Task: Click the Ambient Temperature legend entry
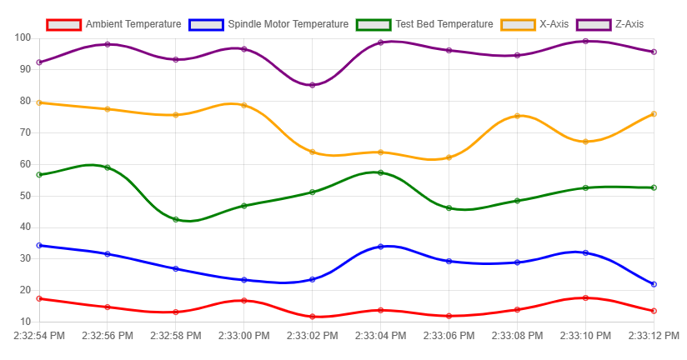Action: (x=114, y=24)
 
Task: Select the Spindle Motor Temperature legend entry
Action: (x=269, y=24)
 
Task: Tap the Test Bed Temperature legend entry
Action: (x=425, y=24)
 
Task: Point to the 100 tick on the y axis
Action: (x=23, y=38)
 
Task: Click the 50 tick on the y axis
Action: (x=23, y=196)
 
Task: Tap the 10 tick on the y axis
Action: (x=23, y=322)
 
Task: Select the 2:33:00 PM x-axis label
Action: (x=243, y=336)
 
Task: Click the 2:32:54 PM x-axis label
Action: (x=39, y=336)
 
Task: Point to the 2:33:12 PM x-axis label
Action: (x=654, y=336)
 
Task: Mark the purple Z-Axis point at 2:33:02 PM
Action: (x=313, y=85)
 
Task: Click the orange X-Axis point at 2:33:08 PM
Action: (x=517, y=116)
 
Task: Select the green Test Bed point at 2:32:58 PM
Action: (x=176, y=219)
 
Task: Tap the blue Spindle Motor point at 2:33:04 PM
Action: (x=381, y=247)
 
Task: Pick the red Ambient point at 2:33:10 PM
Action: (x=585, y=297)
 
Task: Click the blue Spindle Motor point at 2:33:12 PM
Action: (x=654, y=284)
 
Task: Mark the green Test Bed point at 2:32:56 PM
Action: (x=108, y=167)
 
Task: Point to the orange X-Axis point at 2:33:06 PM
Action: (x=449, y=157)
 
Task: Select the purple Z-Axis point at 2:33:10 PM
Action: (x=585, y=41)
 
